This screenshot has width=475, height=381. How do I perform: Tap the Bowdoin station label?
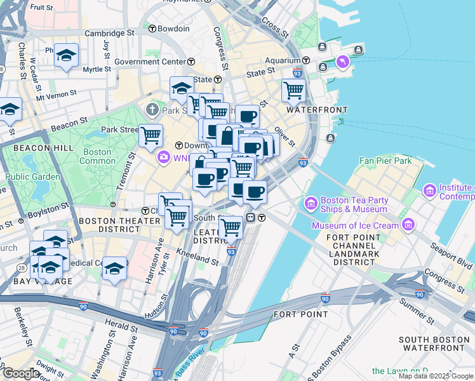[173, 29]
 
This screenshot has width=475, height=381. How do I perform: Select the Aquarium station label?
[283, 60]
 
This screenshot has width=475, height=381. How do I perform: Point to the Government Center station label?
[150, 62]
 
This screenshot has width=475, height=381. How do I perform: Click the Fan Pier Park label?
[386, 161]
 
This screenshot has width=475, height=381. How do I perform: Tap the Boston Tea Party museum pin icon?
[311, 203]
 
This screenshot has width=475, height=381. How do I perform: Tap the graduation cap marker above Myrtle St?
[66, 55]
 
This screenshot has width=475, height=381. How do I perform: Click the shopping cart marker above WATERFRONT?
[293, 90]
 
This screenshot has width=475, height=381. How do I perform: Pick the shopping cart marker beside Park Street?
[151, 135]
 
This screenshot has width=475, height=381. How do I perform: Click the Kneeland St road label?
[202, 258]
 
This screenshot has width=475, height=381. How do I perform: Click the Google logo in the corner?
[21, 373]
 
